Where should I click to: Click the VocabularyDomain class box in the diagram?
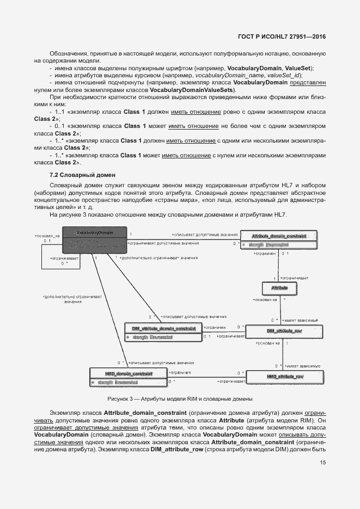click(x=94, y=240)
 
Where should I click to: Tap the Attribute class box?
click(x=279, y=286)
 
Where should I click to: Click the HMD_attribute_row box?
click(x=284, y=377)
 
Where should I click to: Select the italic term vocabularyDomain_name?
click(x=226, y=75)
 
